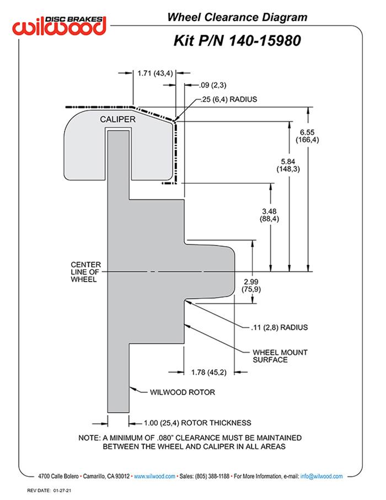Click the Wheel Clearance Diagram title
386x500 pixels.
coord(237,17)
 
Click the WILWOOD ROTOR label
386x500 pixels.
coord(183,392)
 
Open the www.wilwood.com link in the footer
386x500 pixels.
coord(154,476)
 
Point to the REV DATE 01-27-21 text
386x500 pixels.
coord(50,491)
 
